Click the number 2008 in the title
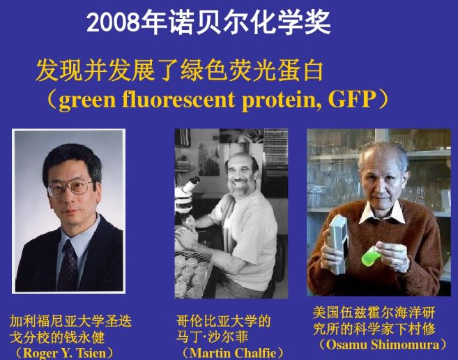tap(114, 22)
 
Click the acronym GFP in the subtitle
tap(351, 100)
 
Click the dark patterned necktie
tap(68, 266)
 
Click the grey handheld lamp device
tap(338, 244)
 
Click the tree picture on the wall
tap(208, 159)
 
